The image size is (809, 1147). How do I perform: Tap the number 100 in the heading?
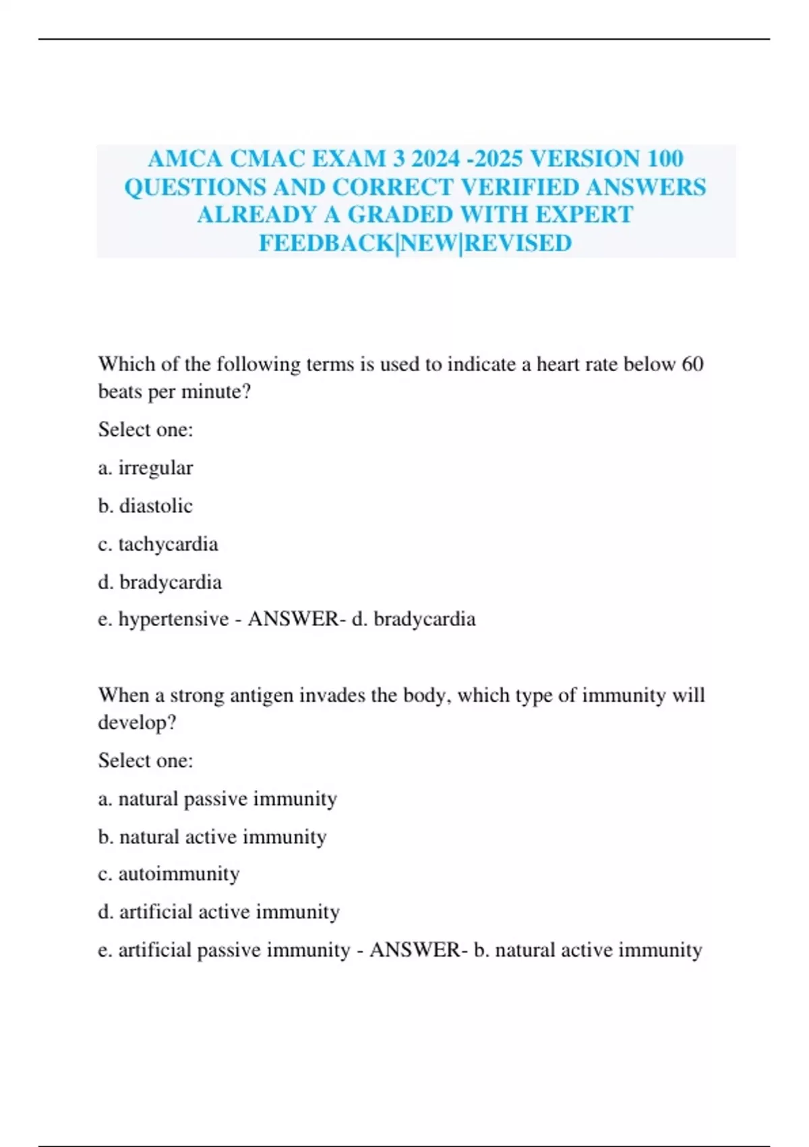pos(665,159)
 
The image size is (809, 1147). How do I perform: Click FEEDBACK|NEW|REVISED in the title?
pos(415,244)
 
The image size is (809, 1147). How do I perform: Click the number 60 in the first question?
pos(692,364)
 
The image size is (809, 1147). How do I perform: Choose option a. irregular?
pos(146,468)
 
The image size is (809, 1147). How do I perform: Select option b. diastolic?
pos(146,506)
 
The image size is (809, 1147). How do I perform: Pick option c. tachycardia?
pos(158,544)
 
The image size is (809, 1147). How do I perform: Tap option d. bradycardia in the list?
pos(160,582)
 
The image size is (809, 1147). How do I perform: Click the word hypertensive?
pos(173,619)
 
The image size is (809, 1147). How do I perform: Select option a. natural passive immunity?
pos(217,800)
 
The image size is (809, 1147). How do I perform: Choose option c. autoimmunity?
pos(169,874)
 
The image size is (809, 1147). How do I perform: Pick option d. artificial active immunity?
pos(218,912)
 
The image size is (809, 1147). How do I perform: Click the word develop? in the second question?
pos(138,723)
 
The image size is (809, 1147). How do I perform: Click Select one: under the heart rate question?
pos(146,430)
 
